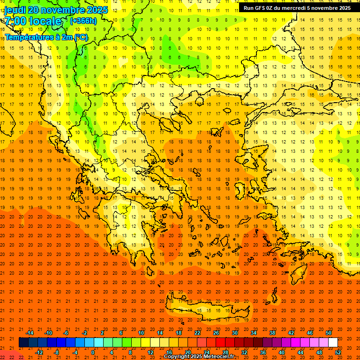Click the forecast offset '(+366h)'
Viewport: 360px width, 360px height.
pos(83,21)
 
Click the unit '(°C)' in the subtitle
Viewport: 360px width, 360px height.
pos(80,37)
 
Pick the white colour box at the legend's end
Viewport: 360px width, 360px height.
pos(333,343)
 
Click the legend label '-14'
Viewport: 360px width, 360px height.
pos(30,333)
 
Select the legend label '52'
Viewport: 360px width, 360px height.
pos(338,352)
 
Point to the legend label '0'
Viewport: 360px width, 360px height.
pos(93,352)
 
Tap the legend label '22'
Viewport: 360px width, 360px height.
pos(197,333)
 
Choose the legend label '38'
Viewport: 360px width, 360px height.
pos(272,333)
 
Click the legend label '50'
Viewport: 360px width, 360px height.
pos(329,333)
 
